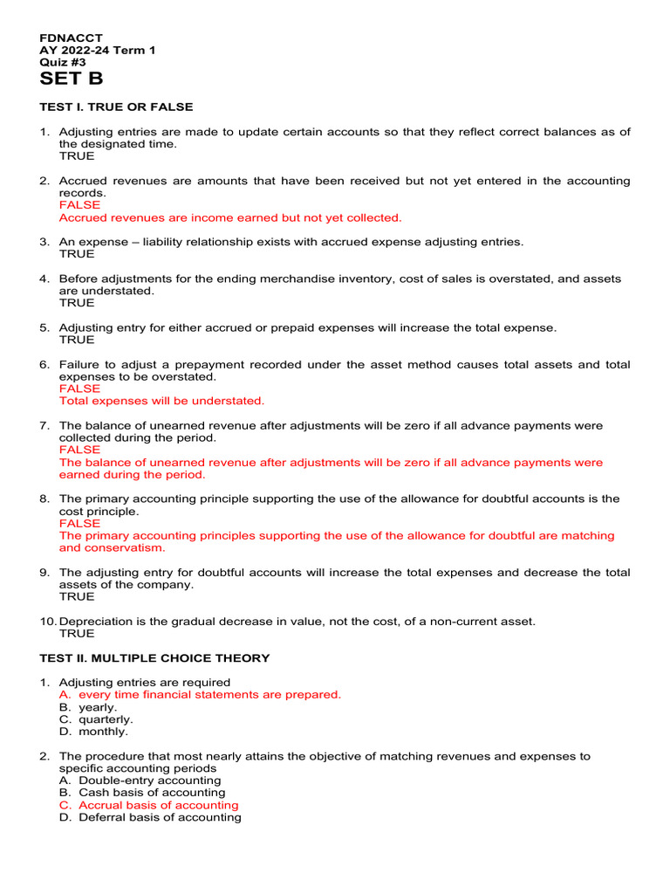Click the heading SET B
72,79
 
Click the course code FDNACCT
71,38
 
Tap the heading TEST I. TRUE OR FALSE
116,107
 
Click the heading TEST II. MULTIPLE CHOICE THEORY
154,658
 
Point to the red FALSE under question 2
79,205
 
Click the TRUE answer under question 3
77,254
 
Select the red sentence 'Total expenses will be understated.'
161,401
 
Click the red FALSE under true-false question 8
79,524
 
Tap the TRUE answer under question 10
77,634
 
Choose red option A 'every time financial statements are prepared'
200,695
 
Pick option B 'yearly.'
88,707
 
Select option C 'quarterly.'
96,719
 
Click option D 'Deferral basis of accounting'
150,817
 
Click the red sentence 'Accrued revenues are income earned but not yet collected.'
230,217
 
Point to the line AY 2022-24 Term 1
98,51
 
